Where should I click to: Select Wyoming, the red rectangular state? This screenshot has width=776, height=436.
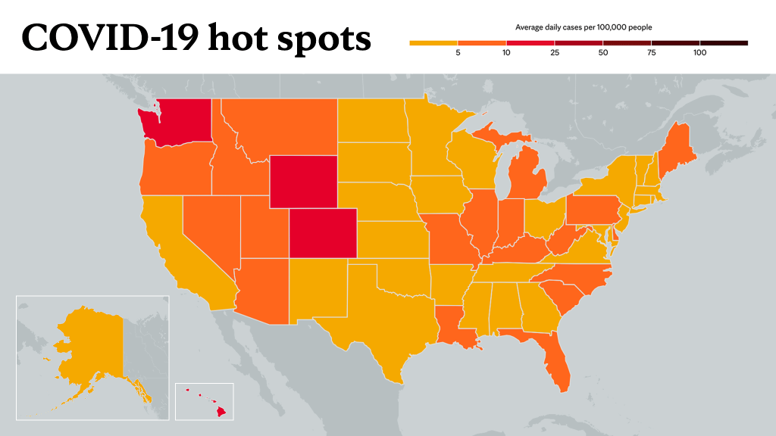303,182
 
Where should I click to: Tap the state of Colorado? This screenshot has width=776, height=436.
323,233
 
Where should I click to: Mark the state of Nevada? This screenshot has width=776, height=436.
208,227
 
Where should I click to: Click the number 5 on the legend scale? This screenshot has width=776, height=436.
458,52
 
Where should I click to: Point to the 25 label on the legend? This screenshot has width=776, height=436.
555,52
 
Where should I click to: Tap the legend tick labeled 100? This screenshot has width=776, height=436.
699,52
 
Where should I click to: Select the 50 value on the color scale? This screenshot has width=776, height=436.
602,52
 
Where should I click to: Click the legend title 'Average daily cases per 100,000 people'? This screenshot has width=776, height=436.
584,27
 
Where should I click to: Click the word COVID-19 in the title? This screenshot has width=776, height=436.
110,37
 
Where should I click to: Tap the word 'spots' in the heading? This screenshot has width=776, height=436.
324,39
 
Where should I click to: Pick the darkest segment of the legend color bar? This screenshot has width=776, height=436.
724,43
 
